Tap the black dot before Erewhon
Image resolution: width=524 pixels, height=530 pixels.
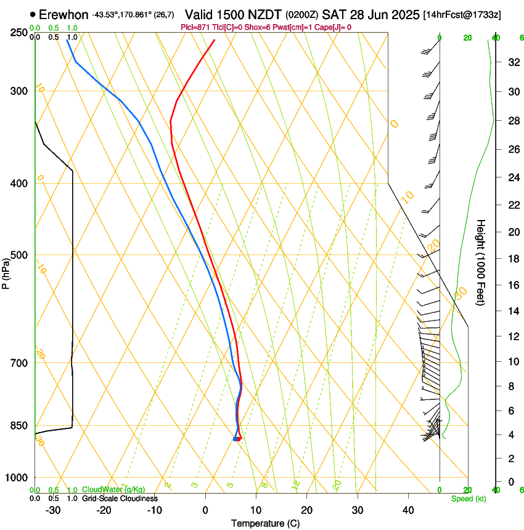pyautogui.click(x=33, y=14)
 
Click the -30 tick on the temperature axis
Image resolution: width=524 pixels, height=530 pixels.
pyautogui.click(x=53, y=510)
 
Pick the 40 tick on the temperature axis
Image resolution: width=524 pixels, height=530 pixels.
pyautogui.click(x=407, y=510)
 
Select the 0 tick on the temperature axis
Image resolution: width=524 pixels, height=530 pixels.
pyautogui.click(x=205, y=510)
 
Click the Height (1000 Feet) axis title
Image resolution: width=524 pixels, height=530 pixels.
pyautogui.click(x=481, y=262)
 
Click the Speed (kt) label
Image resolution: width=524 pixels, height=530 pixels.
pyautogui.click(x=468, y=499)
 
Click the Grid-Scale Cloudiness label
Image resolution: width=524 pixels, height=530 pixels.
pyautogui.click(x=120, y=499)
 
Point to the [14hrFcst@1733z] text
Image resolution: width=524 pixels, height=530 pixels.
pyautogui.click(x=470, y=14)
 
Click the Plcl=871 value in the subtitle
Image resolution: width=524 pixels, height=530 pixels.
pyautogui.click(x=195, y=27)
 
